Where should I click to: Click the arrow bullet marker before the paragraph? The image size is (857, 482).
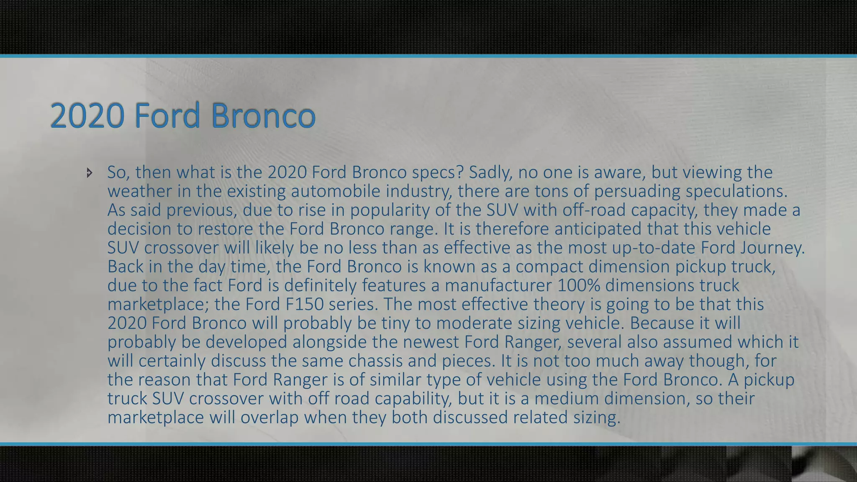click(x=89, y=172)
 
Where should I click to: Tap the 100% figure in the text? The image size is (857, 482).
click(x=579, y=285)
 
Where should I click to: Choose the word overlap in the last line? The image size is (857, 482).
click(x=269, y=417)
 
